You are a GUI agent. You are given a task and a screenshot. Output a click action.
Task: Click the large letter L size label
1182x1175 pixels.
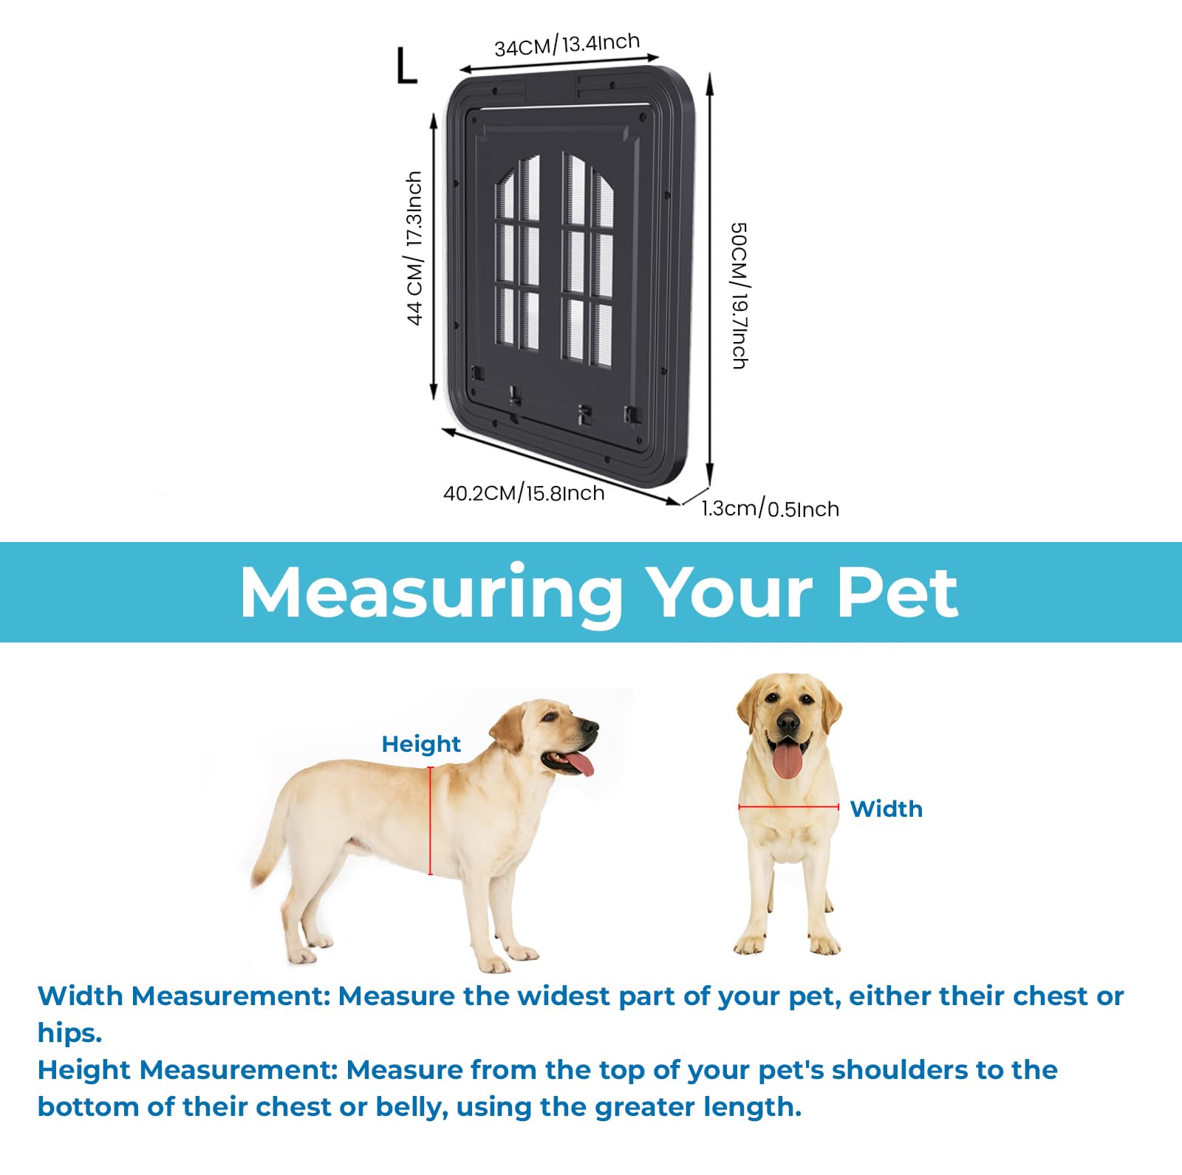pyautogui.click(x=406, y=66)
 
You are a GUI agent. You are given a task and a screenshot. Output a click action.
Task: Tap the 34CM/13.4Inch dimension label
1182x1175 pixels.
pyautogui.click(x=567, y=45)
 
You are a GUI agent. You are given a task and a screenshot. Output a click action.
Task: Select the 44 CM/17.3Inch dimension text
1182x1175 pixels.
pyautogui.click(x=414, y=248)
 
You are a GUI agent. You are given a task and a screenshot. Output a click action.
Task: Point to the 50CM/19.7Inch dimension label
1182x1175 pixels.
pyautogui.click(x=739, y=295)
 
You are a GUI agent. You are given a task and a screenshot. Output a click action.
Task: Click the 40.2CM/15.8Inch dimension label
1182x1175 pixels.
pyautogui.click(x=524, y=493)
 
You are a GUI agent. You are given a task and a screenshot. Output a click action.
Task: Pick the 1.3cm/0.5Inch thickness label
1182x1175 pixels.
pyautogui.click(x=770, y=509)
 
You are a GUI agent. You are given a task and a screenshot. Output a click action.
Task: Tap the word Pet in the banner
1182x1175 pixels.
pyautogui.click(x=898, y=592)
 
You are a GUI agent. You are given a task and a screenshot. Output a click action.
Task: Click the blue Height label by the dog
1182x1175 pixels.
pyautogui.click(x=421, y=744)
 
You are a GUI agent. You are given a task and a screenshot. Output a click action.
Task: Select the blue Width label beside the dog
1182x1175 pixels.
pyautogui.click(x=886, y=809)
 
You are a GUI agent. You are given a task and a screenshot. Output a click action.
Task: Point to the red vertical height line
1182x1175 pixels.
pyautogui.click(x=431, y=821)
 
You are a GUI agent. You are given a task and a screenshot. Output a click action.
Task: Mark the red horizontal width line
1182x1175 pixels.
pyautogui.click(x=789, y=807)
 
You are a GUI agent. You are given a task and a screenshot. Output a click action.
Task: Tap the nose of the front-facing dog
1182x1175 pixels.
pyautogui.click(x=788, y=721)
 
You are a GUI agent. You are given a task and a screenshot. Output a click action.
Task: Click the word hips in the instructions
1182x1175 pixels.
pyautogui.click(x=69, y=1032)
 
